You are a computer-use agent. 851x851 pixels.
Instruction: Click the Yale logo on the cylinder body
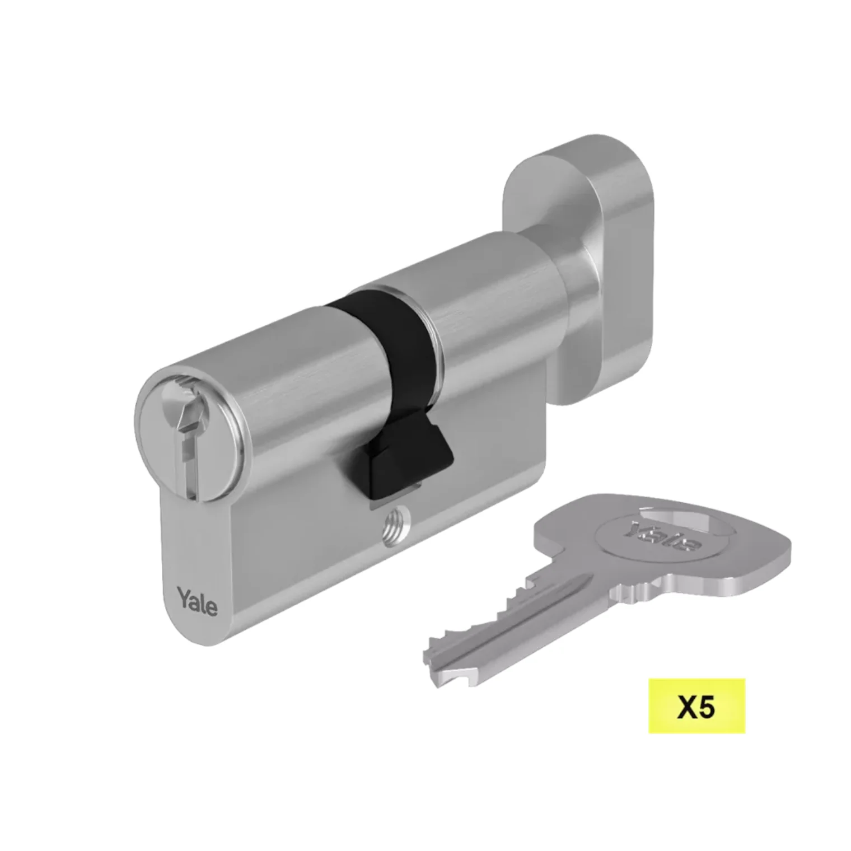[198, 601]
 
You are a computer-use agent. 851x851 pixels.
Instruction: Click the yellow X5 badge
[696, 706]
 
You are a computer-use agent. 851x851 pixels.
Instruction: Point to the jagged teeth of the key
[493, 610]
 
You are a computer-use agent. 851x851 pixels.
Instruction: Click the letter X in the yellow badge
[686, 707]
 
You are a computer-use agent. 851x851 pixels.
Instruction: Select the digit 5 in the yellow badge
[707, 707]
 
